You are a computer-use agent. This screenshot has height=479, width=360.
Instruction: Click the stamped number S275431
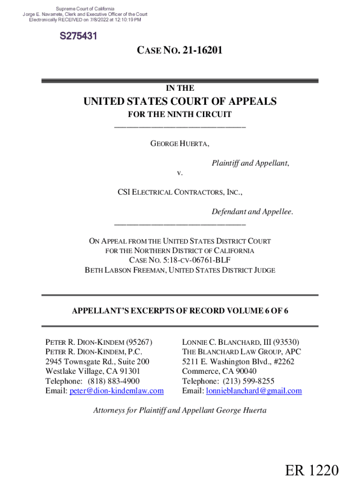78,36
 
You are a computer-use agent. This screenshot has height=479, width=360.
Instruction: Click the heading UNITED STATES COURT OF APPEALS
180,102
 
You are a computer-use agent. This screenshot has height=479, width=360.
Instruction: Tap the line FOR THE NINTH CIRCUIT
180,115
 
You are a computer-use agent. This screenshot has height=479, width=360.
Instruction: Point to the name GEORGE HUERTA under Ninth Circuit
180,144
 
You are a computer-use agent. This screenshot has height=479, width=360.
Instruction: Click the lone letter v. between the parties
180,173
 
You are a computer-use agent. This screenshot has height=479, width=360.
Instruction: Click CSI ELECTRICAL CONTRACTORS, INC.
180,192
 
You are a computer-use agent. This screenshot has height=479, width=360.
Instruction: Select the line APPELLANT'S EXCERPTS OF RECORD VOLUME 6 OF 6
180,311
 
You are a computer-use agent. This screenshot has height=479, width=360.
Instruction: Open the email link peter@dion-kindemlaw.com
116,391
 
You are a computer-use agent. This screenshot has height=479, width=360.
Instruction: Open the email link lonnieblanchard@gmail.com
254,391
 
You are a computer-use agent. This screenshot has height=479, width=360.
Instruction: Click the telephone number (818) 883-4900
114,381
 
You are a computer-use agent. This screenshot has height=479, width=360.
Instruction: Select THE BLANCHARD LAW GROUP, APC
242,352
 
